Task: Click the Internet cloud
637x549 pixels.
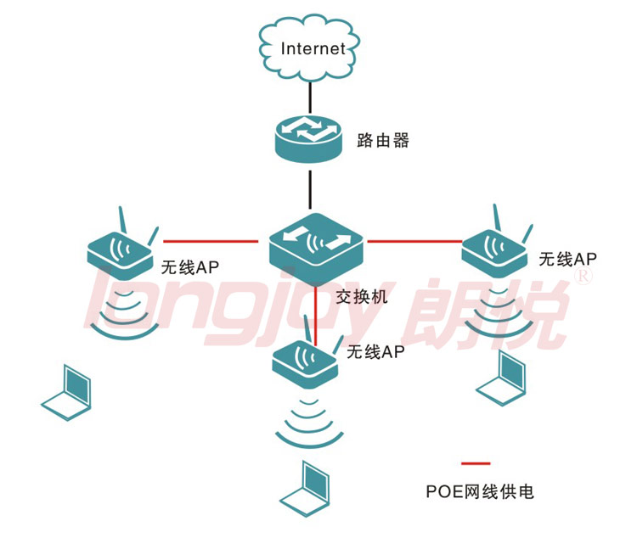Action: pyautogui.click(x=312, y=48)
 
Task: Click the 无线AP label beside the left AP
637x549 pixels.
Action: pyautogui.click(x=190, y=267)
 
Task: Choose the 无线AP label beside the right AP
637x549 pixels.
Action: pyautogui.click(x=568, y=258)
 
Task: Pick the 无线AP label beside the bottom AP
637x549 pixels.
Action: pyautogui.click(x=375, y=352)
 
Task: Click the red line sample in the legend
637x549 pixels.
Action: pyautogui.click(x=476, y=463)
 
